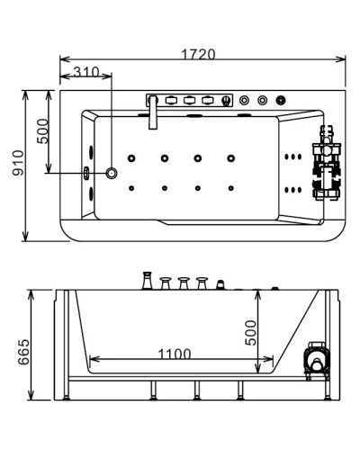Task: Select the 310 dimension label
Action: [86, 72]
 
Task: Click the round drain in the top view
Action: [112, 173]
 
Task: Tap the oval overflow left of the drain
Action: [87, 173]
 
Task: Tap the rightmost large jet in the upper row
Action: [231, 160]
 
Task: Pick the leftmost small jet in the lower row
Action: [132, 188]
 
